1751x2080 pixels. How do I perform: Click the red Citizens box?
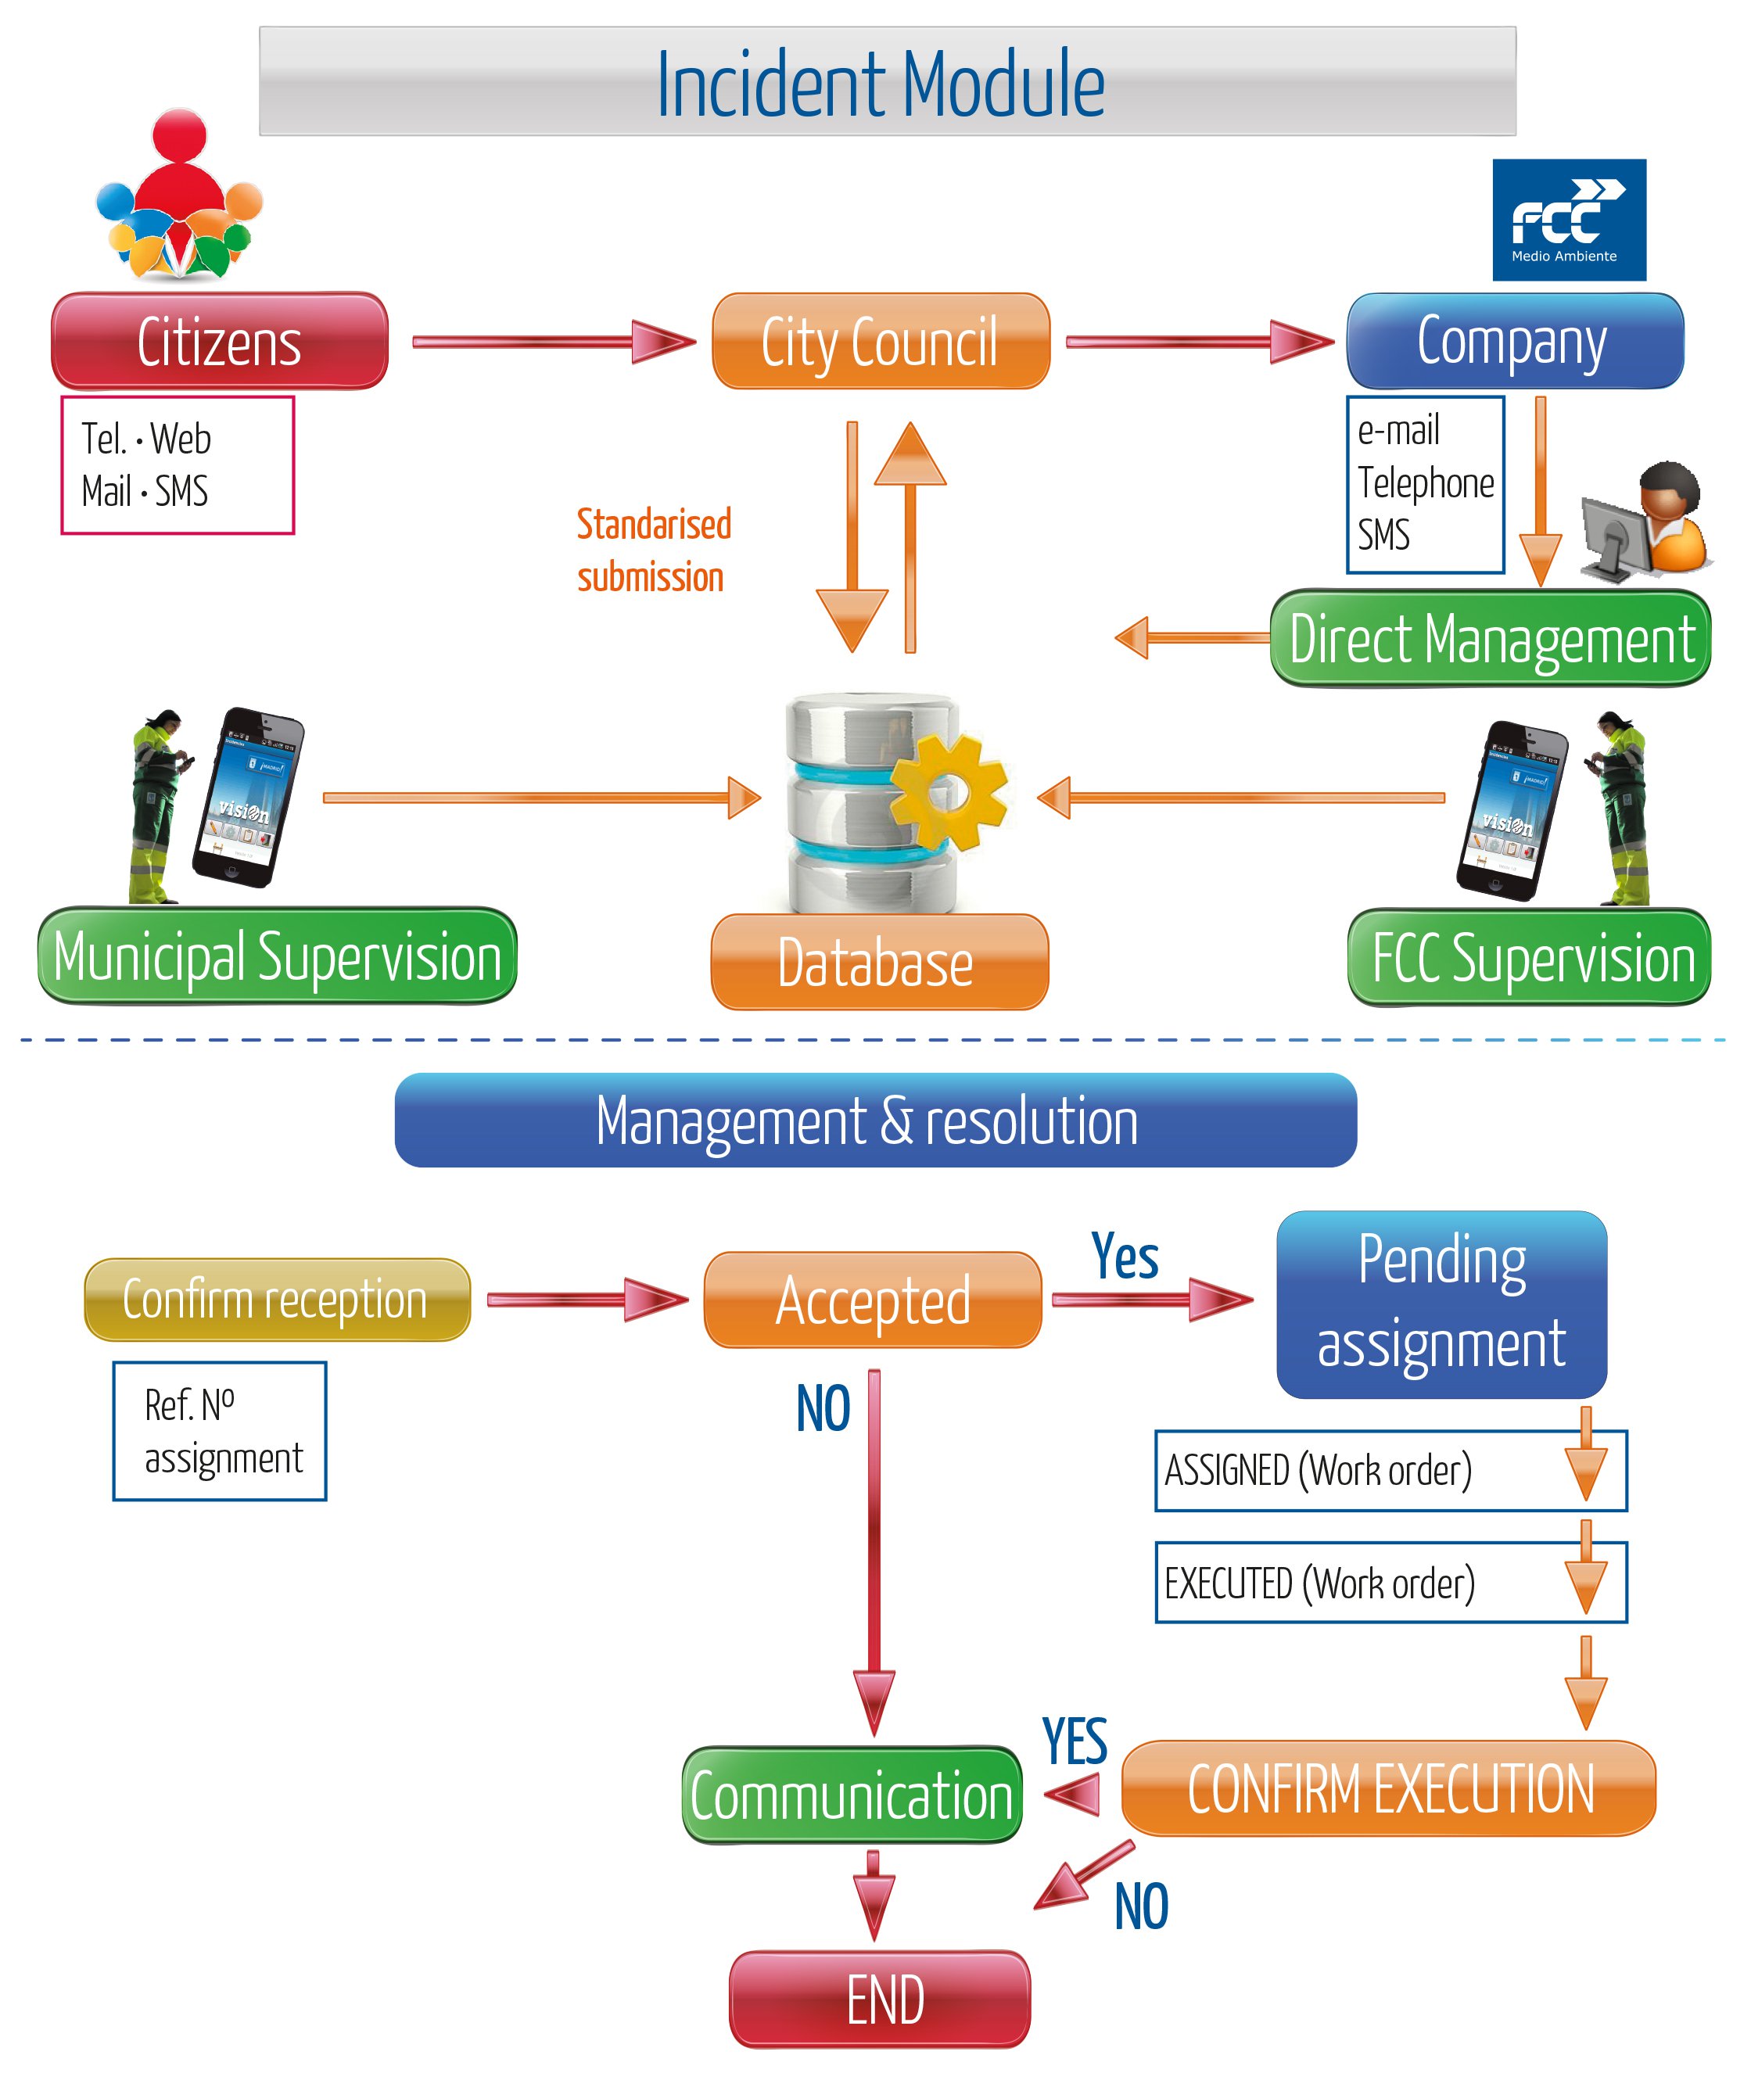220,342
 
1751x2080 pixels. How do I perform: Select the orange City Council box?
881,342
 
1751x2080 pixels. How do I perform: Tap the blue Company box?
1514,342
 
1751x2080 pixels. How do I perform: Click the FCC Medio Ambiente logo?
1568,221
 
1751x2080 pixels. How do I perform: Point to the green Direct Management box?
1490,638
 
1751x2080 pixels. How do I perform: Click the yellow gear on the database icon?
948,791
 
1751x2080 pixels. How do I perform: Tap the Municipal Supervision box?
277,956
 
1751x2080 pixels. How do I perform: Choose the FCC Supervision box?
1529,958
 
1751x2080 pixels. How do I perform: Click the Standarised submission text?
653,550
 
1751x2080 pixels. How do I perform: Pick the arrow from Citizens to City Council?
553,342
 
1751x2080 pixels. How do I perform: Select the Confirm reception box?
277,1299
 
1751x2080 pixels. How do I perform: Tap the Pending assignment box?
1441,1304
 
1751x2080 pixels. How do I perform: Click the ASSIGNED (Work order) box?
1390,1470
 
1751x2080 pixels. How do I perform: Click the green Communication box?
852,1795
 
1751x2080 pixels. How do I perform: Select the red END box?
880,1999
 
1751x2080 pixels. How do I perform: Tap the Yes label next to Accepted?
1124,1257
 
